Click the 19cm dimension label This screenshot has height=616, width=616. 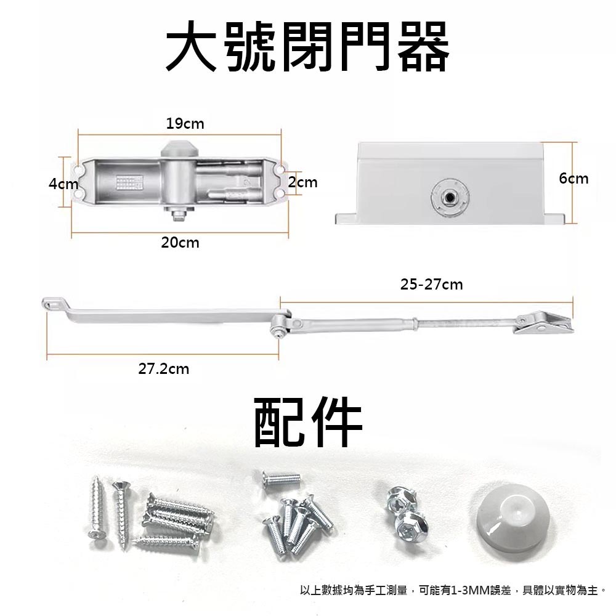click(x=185, y=124)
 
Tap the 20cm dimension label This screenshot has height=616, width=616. click(x=180, y=243)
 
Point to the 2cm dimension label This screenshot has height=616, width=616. click(x=303, y=182)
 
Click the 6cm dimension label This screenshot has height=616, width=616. click(x=573, y=179)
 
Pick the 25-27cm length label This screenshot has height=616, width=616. click(x=431, y=285)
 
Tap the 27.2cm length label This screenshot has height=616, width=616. click(x=163, y=370)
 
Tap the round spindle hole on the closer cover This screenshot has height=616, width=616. click(x=450, y=197)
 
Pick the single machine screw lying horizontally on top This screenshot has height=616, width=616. click(x=281, y=477)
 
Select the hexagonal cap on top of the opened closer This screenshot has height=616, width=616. click(x=180, y=148)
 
